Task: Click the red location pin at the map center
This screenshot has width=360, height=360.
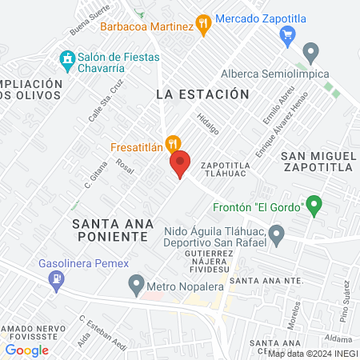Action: [x=180, y=164]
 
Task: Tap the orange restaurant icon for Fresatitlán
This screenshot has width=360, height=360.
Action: [x=171, y=144]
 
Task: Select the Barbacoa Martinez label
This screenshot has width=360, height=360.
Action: [x=146, y=26]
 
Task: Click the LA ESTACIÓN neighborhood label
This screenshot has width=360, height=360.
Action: [x=202, y=94]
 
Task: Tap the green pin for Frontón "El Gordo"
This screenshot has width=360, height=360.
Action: [x=314, y=206]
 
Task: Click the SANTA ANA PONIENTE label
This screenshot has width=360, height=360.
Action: [x=110, y=230]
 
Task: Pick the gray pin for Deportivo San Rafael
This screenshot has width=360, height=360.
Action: [x=277, y=235]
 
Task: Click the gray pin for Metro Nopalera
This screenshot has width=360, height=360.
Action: [x=135, y=284]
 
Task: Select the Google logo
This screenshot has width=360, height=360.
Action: [x=27, y=350]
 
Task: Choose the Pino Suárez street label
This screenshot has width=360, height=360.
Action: [x=345, y=304]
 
